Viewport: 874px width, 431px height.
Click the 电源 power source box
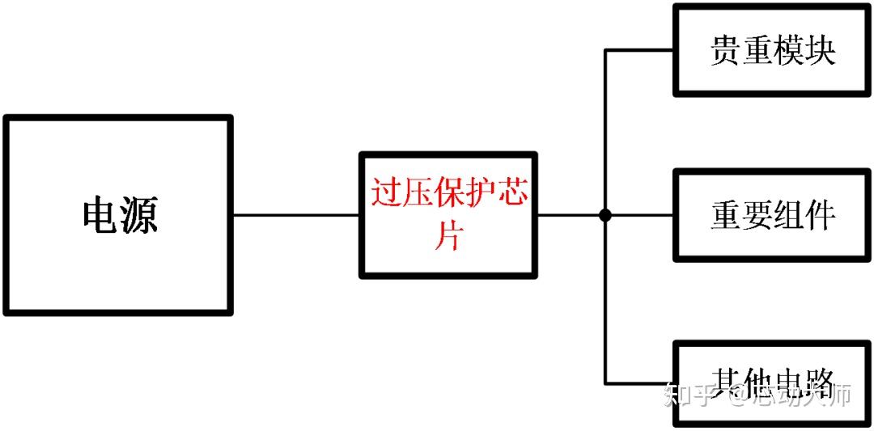coord(118,214)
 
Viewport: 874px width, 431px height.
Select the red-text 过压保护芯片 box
coord(448,214)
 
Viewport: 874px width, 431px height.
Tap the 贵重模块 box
coord(773,50)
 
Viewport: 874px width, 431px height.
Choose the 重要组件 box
coord(773,215)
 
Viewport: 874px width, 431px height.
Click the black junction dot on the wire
coord(605,215)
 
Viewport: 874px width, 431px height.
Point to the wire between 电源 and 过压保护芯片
coord(296,215)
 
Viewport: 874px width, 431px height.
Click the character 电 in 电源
coord(100,215)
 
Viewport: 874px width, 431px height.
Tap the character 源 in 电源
coord(139,215)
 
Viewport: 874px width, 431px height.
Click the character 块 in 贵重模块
coord(820,51)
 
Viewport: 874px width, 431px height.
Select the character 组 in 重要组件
coord(789,216)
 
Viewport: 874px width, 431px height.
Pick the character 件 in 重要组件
coord(820,216)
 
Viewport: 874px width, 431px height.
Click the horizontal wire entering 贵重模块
coord(639,50)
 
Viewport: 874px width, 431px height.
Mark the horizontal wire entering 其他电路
coord(639,382)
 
